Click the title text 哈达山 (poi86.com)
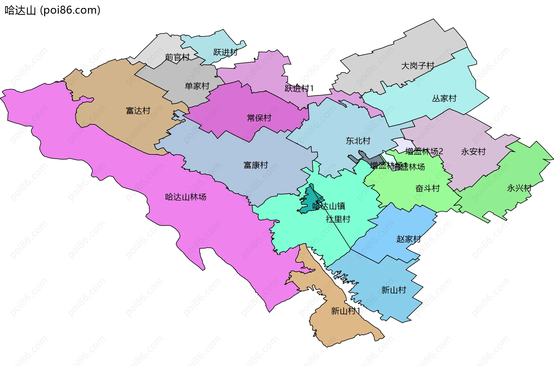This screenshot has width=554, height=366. point(53,10)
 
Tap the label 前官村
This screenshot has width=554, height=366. point(177,57)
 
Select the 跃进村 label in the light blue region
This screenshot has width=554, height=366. point(225,52)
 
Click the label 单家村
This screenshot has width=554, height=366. point(197,86)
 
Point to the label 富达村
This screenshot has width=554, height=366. point(138,111)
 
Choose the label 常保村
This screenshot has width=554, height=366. point(259,118)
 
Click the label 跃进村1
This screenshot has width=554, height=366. point(299,88)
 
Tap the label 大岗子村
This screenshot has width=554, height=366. point(418,66)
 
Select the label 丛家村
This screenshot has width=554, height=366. point(444,98)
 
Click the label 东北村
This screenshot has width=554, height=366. point(358,141)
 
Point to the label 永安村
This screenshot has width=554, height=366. point(473,152)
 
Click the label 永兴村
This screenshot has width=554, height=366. point(519,188)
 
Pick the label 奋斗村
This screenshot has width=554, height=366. point(427,188)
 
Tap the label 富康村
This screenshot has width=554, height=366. point(256,165)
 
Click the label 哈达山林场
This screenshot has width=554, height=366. point(186,197)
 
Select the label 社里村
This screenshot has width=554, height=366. point(338,219)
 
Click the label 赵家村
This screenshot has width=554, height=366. point(408,239)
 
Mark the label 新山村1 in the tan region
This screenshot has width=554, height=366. point(345,311)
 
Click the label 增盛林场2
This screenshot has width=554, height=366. point(424,151)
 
